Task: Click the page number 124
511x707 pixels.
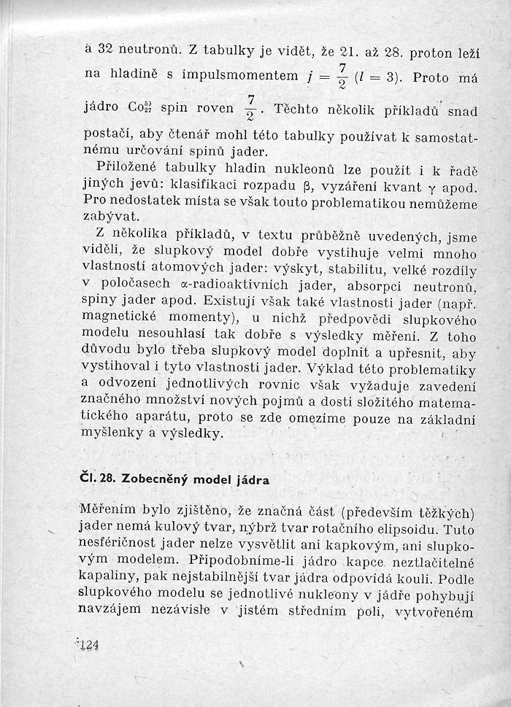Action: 88,645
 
